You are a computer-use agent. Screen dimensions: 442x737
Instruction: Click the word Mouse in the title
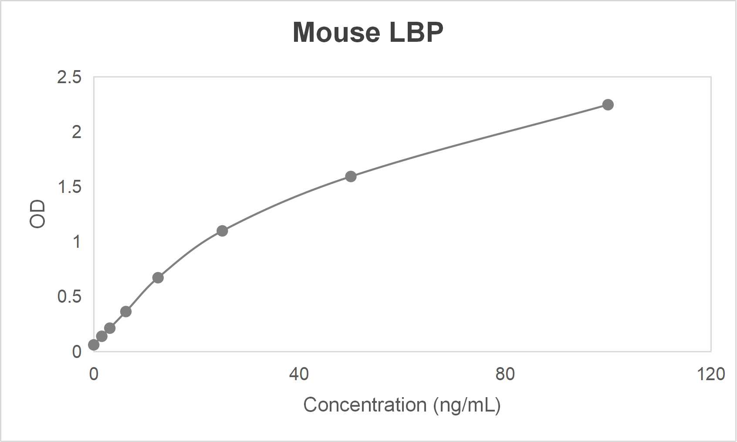[x=336, y=33]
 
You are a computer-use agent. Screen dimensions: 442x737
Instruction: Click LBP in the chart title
[x=416, y=33]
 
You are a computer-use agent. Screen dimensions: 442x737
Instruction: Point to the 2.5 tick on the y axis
[x=69, y=78]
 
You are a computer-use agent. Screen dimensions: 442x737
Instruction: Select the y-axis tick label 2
[x=77, y=132]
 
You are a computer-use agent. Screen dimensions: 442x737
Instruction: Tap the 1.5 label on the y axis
[x=69, y=187]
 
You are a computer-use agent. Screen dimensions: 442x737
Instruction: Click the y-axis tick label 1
[x=77, y=242]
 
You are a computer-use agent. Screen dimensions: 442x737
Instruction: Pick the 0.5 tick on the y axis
[x=69, y=297]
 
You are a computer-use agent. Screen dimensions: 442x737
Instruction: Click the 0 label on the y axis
[x=77, y=351]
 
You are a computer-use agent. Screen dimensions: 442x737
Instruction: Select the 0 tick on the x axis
[x=94, y=374]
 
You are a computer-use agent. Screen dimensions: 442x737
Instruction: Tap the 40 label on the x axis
[x=299, y=374]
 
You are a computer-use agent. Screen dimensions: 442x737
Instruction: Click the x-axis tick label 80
[x=505, y=374]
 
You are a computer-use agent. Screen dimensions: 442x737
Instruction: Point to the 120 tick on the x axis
[x=710, y=374]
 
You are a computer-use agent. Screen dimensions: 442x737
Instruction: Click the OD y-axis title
[x=37, y=214]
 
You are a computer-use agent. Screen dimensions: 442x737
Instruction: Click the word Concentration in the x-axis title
[x=365, y=405]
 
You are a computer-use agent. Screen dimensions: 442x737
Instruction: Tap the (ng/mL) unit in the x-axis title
[x=467, y=405]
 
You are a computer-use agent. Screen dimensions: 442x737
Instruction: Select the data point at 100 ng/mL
[x=608, y=105]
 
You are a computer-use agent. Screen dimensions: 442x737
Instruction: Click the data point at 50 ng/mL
[x=351, y=176]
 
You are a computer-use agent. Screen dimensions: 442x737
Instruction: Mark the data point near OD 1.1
[x=222, y=231]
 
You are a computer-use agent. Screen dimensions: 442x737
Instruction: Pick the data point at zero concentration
[x=94, y=345]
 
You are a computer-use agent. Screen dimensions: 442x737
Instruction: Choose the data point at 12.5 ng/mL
[x=158, y=277]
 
